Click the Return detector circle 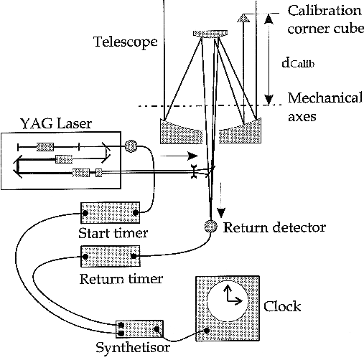(x=211, y=226)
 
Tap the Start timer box (x=111, y=212)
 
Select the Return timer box (x=111, y=256)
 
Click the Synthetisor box (x=139, y=329)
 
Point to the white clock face (x=228, y=301)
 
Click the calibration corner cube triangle (x=243, y=18)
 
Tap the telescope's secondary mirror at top (x=210, y=34)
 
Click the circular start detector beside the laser (x=131, y=146)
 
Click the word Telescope (x=126, y=42)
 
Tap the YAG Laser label (x=56, y=124)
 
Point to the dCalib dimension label (x=298, y=63)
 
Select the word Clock (x=282, y=306)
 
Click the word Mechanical (x=325, y=98)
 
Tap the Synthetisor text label (x=133, y=347)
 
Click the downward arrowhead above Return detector (x=221, y=213)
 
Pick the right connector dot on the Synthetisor (x=157, y=329)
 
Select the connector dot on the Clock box (x=207, y=331)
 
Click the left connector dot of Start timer (x=85, y=213)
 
